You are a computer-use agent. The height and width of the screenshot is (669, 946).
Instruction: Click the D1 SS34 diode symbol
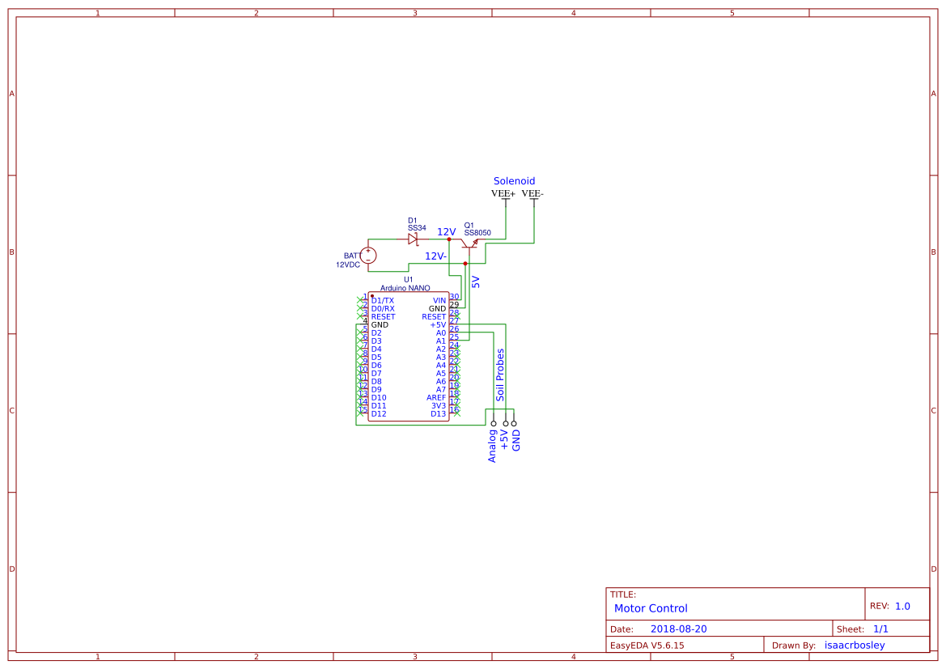point(413,239)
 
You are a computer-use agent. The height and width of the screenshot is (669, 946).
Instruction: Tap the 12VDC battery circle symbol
point(368,256)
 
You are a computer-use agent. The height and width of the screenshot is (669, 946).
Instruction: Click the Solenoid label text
point(514,181)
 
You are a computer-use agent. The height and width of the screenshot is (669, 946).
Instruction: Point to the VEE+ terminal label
point(503,194)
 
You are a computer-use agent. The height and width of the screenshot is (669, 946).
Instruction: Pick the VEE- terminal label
point(532,194)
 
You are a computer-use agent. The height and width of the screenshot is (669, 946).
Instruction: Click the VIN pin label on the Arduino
point(439,301)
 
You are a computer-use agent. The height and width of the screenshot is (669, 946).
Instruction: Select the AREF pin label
point(436,398)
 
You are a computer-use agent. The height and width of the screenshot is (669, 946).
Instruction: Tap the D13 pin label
point(438,414)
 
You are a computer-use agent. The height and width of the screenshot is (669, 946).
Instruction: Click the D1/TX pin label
point(383,301)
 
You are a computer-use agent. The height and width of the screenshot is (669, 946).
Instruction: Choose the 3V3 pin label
point(439,406)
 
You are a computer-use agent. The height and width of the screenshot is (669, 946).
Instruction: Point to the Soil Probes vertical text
point(500,375)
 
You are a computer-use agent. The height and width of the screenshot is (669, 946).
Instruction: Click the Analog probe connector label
point(492,446)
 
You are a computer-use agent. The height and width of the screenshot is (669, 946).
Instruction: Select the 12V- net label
point(436,256)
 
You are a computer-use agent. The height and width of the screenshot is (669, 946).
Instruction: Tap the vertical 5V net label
point(476,282)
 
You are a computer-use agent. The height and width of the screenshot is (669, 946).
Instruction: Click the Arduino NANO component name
point(405,288)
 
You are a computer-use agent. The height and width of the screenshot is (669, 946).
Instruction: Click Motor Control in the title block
point(651,608)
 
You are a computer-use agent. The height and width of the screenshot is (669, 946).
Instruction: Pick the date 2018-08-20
point(678,629)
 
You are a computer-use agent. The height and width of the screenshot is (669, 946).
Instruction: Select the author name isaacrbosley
point(854,646)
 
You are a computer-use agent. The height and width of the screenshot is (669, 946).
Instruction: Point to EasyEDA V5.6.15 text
point(647,646)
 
